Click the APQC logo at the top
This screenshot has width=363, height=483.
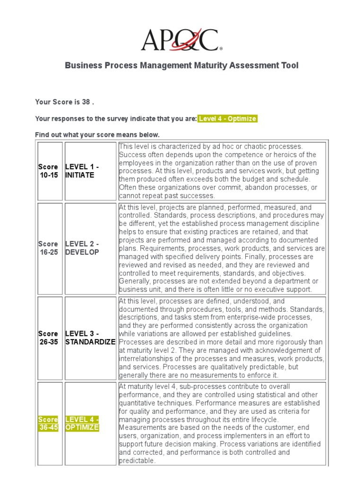(x=181, y=40)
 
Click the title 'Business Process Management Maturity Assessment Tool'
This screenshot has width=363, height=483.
(x=181, y=66)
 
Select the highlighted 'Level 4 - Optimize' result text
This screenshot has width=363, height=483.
(x=227, y=119)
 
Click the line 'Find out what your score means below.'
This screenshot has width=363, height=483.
(x=97, y=135)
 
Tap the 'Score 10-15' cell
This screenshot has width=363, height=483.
(x=48, y=171)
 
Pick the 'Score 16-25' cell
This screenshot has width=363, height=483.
(x=48, y=248)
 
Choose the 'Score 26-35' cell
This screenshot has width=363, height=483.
(x=48, y=338)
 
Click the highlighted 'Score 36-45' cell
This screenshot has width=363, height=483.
(x=48, y=424)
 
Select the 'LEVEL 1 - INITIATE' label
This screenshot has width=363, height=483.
(x=82, y=171)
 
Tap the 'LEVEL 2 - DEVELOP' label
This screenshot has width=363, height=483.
(x=82, y=248)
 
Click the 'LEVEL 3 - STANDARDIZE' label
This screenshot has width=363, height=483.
(x=90, y=338)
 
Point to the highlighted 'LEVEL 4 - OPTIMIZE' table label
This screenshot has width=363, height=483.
(x=82, y=424)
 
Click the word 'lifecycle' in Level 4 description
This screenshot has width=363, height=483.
(x=263, y=419)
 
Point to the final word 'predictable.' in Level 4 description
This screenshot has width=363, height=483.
(x=137, y=460)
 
